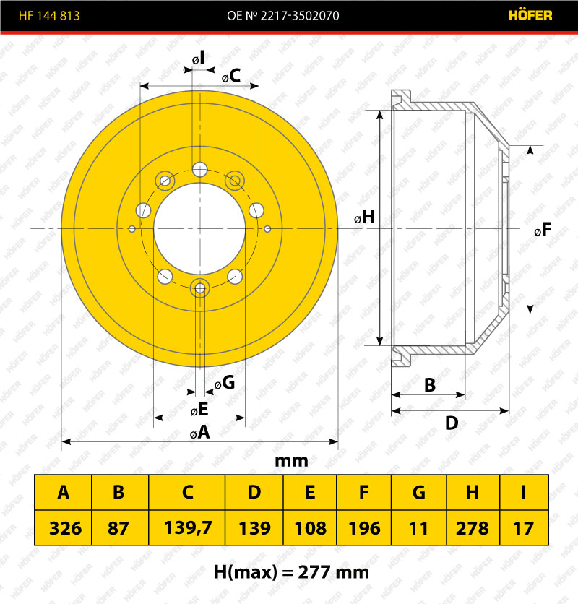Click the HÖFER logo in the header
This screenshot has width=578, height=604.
[530, 15]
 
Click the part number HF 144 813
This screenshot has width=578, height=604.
[49, 15]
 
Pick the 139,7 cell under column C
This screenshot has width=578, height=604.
[188, 527]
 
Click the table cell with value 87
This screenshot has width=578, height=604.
[118, 527]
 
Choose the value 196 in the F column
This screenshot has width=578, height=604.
[364, 527]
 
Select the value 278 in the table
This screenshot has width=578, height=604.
[472, 527]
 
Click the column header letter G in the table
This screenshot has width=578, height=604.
[419, 492]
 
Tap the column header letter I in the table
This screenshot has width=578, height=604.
[523, 492]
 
